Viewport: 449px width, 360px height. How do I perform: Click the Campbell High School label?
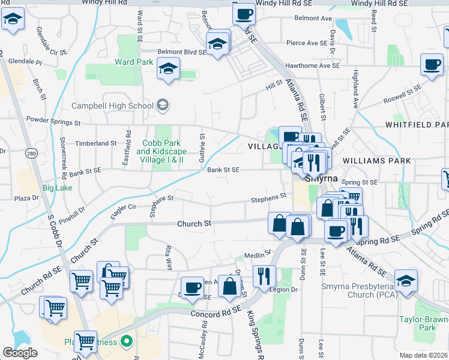113,106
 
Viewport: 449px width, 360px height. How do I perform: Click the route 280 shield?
32,154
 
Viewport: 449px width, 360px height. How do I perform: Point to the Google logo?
20,353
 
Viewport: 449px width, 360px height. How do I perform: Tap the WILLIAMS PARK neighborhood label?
377,161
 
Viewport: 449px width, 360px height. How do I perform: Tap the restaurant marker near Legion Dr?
264,277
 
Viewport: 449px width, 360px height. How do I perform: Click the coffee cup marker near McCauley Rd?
193,287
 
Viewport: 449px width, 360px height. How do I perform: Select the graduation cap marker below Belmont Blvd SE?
169,68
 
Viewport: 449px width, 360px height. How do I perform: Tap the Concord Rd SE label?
216,313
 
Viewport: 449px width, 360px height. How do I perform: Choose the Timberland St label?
96,143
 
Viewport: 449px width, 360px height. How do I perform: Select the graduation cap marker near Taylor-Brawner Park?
406,281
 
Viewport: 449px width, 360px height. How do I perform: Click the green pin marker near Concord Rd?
126,343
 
